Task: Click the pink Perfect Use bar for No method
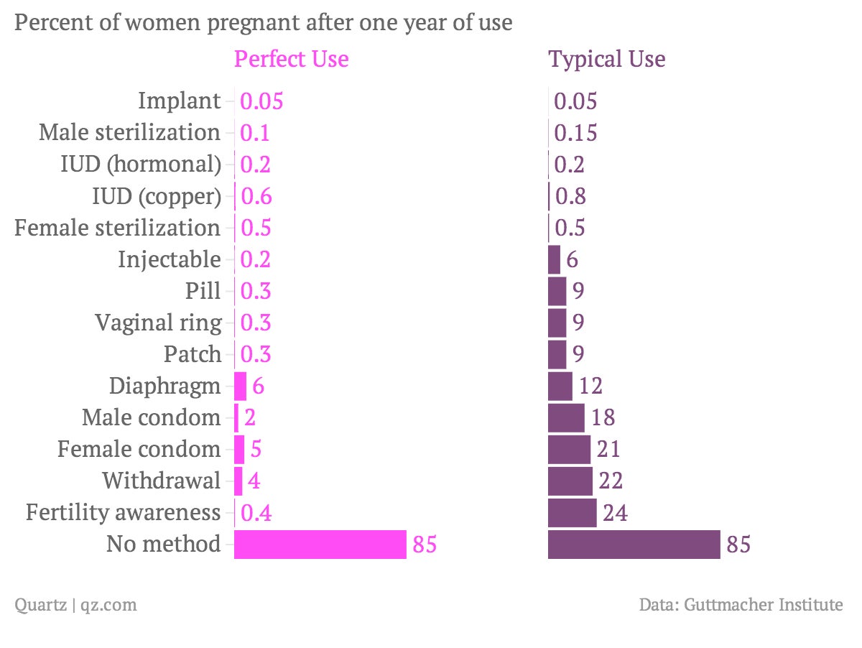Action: tap(320, 545)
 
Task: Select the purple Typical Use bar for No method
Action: tap(634, 545)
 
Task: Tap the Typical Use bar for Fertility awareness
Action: tap(572, 513)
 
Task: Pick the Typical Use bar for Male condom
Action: tap(566, 417)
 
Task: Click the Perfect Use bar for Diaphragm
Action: tap(241, 386)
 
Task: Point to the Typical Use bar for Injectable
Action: tap(554, 259)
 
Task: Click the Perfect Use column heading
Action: tap(292, 59)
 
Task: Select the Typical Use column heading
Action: tap(607, 59)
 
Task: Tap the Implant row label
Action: tap(179, 101)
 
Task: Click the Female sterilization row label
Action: tap(118, 228)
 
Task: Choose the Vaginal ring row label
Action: tap(158, 323)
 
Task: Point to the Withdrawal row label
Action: tap(161, 481)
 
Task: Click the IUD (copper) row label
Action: tap(157, 196)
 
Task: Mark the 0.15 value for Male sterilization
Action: tap(575, 133)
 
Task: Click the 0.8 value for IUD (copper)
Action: tap(570, 196)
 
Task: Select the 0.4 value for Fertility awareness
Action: tap(256, 513)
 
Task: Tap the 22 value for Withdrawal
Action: tap(611, 481)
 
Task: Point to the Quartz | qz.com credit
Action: tap(75, 605)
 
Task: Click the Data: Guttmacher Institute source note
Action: tap(741, 605)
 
